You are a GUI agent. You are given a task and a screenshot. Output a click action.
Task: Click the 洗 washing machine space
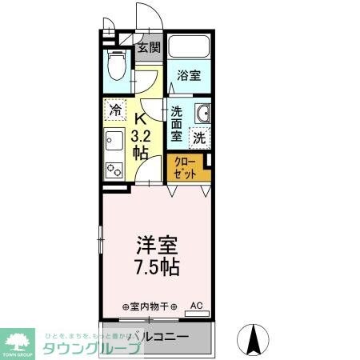(x=199, y=137)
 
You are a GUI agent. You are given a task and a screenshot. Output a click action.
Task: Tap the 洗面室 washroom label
(x=177, y=124)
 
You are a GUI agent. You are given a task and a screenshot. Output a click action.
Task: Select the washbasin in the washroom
(x=201, y=114)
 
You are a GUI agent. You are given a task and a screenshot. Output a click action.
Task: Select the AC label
(x=197, y=305)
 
